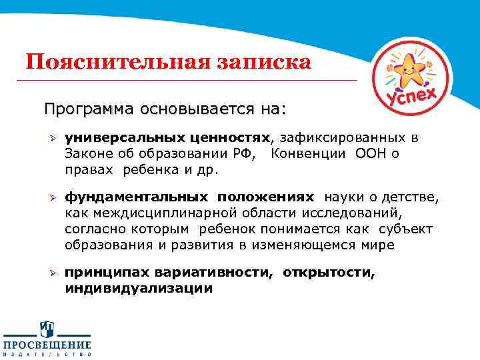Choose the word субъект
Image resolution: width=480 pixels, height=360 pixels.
click(406, 229)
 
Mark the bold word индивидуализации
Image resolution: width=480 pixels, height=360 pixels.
click(139, 289)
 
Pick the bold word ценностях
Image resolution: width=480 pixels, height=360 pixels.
click(229, 138)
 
